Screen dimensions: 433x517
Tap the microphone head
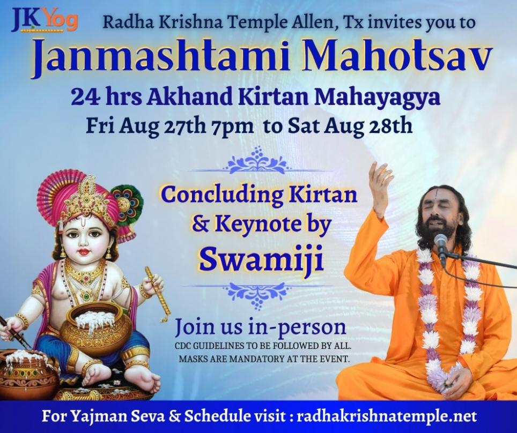440,243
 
